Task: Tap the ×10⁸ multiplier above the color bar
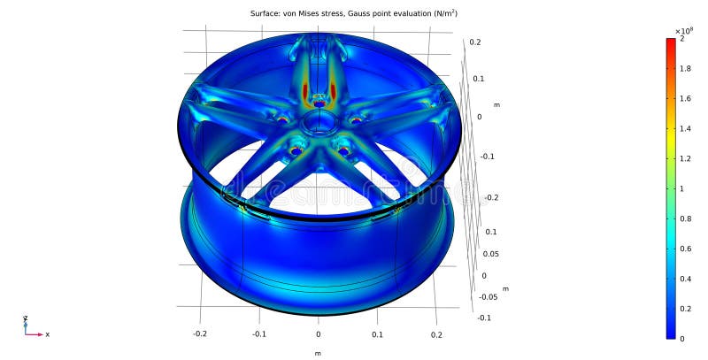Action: click(x=682, y=30)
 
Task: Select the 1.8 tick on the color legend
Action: click(x=686, y=69)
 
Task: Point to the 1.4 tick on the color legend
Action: click(x=686, y=128)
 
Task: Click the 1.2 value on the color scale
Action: click(x=686, y=158)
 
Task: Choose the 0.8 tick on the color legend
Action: click(x=686, y=218)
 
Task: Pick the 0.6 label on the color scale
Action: click(x=686, y=248)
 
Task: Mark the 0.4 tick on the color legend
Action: click(x=686, y=278)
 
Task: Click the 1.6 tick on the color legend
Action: click(x=686, y=99)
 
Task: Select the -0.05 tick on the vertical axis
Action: click(x=487, y=296)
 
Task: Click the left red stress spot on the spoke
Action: click(x=304, y=90)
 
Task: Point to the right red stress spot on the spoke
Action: click(x=334, y=90)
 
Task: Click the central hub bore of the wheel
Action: click(x=319, y=122)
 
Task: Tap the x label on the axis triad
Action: click(x=47, y=334)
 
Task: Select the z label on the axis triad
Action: click(x=25, y=318)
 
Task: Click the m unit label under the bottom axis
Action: click(x=318, y=353)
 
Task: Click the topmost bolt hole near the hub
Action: click(x=319, y=103)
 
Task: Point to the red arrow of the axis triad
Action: click(x=35, y=334)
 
